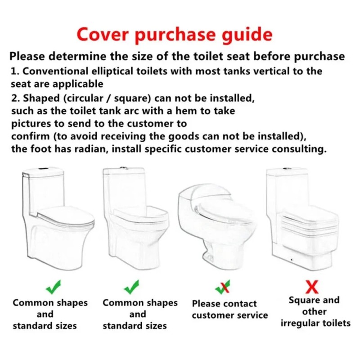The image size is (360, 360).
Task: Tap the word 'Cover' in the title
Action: click(x=103, y=34)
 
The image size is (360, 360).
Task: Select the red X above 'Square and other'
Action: click(x=312, y=287)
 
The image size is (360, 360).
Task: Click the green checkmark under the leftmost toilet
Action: click(x=53, y=287)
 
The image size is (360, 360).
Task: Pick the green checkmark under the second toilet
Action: click(x=131, y=287)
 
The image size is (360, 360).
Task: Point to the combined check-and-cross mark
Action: click(x=222, y=287)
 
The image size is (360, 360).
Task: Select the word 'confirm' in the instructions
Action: click(x=30, y=136)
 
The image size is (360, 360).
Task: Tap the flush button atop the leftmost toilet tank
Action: click(x=42, y=169)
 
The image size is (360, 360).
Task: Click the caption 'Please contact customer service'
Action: click(x=230, y=310)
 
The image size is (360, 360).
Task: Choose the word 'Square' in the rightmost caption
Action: click(x=302, y=301)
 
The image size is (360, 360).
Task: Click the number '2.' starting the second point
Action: click(x=16, y=99)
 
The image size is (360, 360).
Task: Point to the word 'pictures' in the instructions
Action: click(x=31, y=124)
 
